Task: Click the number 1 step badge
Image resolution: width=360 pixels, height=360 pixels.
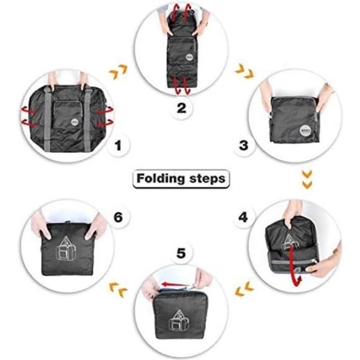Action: tap(122, 147)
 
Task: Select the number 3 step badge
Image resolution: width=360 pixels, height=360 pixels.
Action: tap(243, 147)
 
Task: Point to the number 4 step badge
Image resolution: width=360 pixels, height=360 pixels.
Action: tap(243, 218)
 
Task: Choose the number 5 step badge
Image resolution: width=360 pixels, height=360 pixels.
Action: tap(181, 253)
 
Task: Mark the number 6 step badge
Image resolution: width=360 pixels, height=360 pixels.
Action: tap(119, 218)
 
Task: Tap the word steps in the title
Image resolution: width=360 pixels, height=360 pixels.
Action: tap(205, 179)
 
